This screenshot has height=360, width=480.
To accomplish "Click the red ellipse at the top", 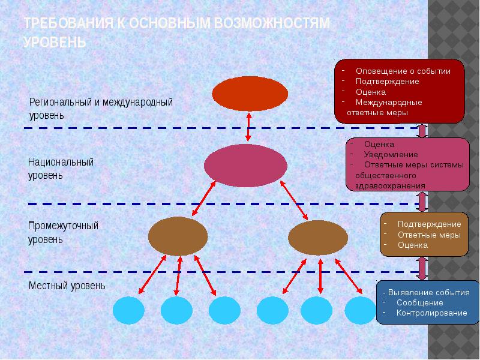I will [x=250, y=94].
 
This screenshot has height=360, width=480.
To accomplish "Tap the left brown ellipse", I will [x=178, y=236].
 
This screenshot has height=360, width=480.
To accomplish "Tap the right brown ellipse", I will [x=318, y=238].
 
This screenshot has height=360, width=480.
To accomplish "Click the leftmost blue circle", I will [x=128, y=310].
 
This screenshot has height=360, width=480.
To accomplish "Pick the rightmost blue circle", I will [x=359, y=310].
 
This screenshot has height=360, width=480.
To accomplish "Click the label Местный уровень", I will [x=67, y=286].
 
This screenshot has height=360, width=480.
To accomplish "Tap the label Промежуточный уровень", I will [x=63, y=232].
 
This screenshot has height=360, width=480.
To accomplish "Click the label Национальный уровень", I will [x=61, y=169].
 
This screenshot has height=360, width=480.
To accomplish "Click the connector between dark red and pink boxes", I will [x=422, y=130].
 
